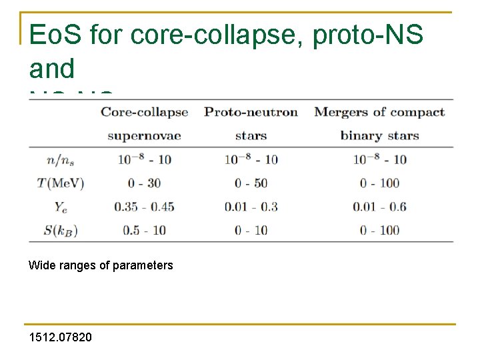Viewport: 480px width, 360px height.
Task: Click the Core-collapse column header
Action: pos(144,112)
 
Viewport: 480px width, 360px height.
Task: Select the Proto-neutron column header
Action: pos(251,112)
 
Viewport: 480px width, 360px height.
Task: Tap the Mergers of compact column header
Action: pos(379,112)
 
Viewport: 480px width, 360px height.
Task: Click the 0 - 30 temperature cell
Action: pos(144,183)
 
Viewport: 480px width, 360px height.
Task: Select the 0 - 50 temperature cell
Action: pos(251,183)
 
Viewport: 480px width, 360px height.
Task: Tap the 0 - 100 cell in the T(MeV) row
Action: pos(379,183)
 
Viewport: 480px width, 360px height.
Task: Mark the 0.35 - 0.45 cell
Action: pos(144,207)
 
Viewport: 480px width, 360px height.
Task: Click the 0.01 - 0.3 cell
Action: pos(251,207)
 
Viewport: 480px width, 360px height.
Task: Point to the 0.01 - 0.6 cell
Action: pos(379,207)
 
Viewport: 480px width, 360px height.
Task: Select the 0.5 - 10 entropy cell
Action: pos(144,231)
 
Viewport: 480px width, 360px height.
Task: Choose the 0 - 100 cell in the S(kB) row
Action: pos(379,231)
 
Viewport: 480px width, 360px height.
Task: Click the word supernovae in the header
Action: pos(144,136)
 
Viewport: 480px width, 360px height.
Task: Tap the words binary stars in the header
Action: pos(379,136)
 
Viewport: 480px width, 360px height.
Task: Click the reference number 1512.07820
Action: pos(61,337)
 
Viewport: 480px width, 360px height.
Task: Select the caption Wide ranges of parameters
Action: pos(101,265)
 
